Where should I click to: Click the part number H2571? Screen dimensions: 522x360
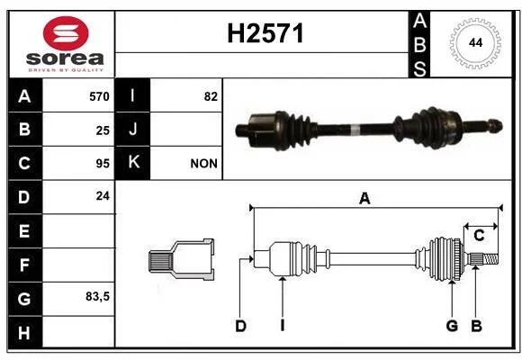(x=265, y=33)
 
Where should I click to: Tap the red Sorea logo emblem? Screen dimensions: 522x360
(x=66, y=33)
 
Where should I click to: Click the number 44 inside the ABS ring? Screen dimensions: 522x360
(x=475, y=43)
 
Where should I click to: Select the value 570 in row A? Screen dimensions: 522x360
(x=99, y=96)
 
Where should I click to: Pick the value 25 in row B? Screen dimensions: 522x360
(x=103, y=130)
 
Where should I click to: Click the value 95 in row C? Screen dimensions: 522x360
(x=103, y=164)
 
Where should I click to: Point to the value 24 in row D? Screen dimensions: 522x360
(x=103, y=196)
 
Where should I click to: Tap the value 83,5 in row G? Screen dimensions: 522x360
(x=97, y=296)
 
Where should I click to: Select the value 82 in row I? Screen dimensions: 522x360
(x=211, y=96)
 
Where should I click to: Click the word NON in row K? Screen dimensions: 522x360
(x=203, y=164)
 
